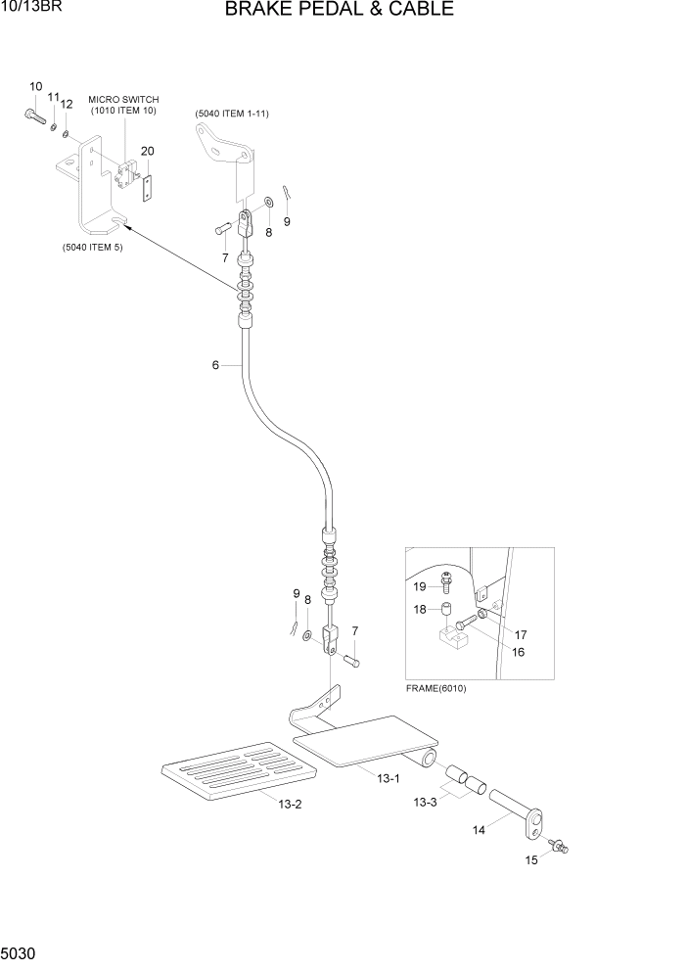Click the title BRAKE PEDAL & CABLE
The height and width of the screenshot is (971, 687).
pos(339,11)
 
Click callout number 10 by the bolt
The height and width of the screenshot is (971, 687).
pos(35,87)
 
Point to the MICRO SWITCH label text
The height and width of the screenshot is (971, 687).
pos(123,99)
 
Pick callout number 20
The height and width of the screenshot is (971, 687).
pos(147,151)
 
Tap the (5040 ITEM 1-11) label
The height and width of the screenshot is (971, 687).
pos(232,114)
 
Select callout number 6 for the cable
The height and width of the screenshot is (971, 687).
pos(215,365)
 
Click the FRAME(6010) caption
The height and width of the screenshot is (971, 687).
pos(435,688)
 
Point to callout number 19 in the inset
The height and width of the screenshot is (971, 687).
pos(419,587)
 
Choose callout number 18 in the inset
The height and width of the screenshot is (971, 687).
pos(419,609)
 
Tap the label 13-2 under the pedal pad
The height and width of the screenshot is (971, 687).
pos(289,805)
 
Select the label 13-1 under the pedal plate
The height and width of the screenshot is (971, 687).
pos(389,778)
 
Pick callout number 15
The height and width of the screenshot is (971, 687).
pos(531,860)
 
